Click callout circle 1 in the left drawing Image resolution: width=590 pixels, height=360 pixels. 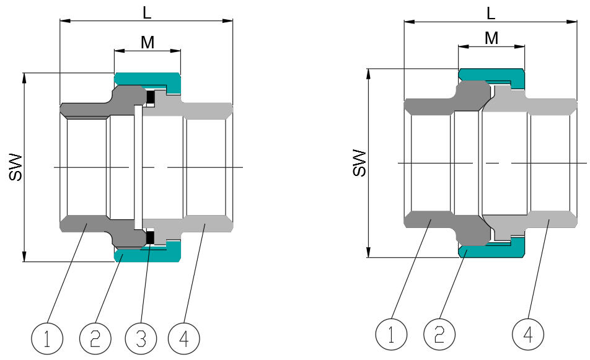coord(47,338)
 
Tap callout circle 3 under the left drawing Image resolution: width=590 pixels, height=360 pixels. coord(141,338)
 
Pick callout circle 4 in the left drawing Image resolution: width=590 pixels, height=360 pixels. coord(184,338)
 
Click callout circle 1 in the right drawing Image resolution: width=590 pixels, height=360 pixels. coord(392,335)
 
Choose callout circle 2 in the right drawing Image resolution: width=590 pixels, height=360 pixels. coord(439,335)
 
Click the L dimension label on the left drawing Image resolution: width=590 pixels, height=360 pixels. coord(147,11)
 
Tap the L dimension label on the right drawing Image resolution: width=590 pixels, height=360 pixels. coord(491,13)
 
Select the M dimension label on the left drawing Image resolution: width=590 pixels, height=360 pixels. coord(147,42)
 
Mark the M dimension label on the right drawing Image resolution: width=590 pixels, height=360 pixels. coord(491,38)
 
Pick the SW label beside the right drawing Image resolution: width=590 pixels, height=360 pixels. coord(359,163)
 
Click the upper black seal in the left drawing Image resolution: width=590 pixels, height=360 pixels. coord(150,97)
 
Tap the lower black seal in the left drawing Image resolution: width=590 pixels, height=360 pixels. coord(150,237)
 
